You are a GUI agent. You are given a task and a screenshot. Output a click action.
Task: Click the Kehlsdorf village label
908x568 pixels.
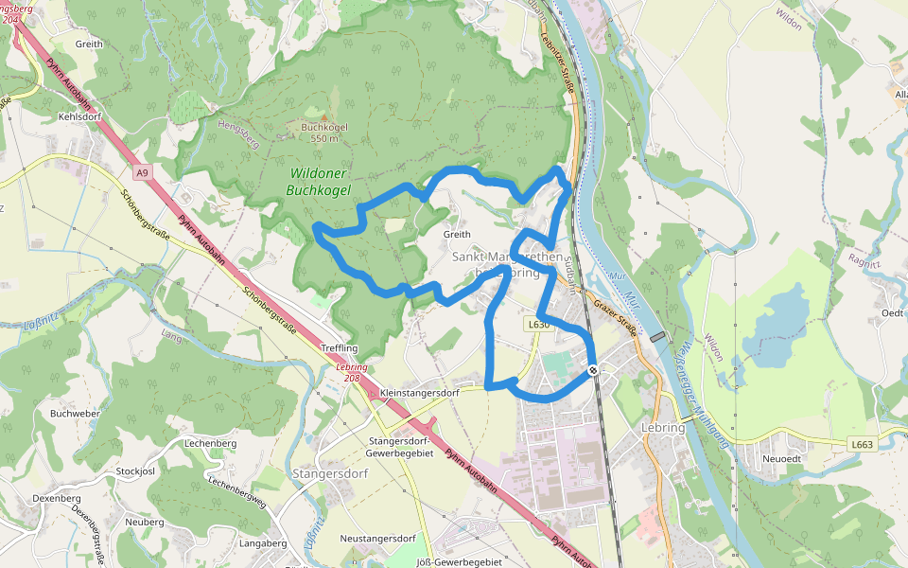[x=79, y=116]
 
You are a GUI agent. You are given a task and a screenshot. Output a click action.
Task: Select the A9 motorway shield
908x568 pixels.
[x=142, y=172]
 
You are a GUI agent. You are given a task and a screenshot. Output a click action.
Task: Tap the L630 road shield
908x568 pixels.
[x=538, y=324]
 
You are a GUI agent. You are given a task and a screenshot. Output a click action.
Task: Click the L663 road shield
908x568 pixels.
[x=861, y=443]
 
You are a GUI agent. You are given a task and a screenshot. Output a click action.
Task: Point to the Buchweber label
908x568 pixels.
[x=75, y=414]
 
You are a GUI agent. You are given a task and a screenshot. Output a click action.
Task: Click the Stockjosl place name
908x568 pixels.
[x=134, y=470]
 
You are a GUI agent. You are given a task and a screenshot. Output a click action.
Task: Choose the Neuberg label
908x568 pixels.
[x=145, y=522]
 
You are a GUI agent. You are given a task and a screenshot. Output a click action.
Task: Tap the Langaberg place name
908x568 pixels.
[x=263, y=543]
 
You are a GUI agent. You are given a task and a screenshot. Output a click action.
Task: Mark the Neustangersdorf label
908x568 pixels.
[x=377, y=538]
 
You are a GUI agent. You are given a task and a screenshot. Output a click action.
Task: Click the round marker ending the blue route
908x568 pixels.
[x=592, y=370]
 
